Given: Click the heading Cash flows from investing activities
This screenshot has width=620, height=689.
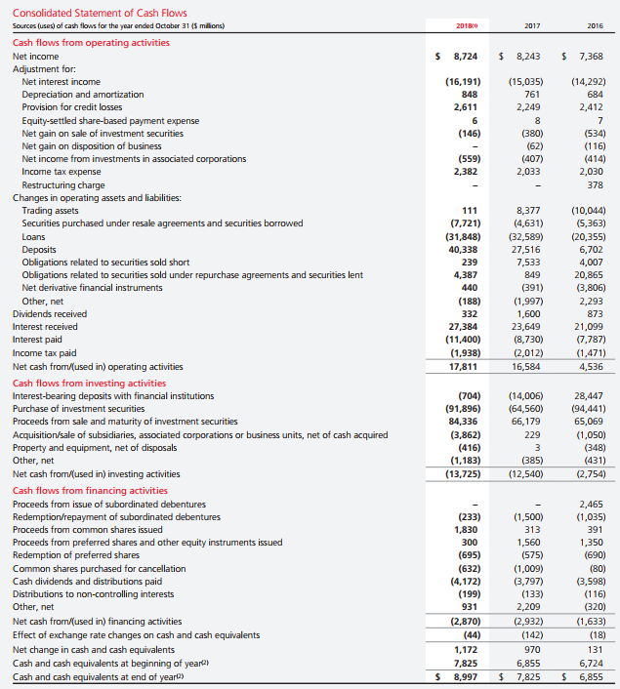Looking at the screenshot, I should (89, 383).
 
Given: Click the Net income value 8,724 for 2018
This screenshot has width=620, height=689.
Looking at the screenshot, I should (463, 58).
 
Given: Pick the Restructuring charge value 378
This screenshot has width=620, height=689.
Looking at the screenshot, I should (595, 184).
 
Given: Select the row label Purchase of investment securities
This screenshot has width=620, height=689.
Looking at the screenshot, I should (87, 408).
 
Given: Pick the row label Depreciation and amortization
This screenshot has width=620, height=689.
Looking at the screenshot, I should (82, 95).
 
